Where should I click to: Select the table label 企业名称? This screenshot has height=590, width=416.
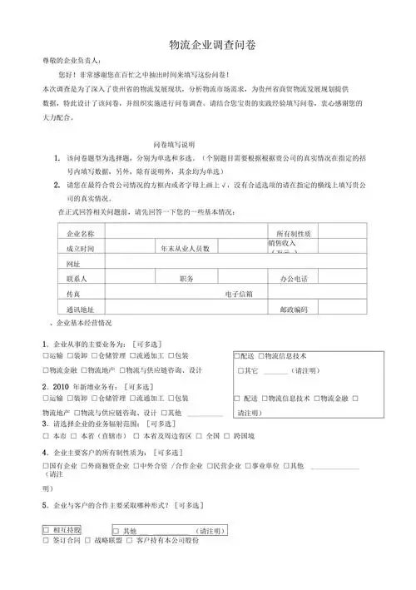(80, 234)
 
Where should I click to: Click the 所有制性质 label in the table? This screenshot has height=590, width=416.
(293, 234)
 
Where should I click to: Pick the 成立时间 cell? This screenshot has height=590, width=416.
(80, 249)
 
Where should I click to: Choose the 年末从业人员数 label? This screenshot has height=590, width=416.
(186, 249)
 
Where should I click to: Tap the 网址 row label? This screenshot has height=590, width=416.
(72, 263)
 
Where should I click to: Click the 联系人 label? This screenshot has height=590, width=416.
(77, 279)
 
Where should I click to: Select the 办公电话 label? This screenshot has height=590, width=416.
(293, 279)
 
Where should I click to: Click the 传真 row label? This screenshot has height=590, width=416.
(72, 294)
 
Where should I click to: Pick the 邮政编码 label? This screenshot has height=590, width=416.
(293, 309)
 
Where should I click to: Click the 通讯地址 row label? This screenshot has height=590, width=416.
(80, 309)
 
